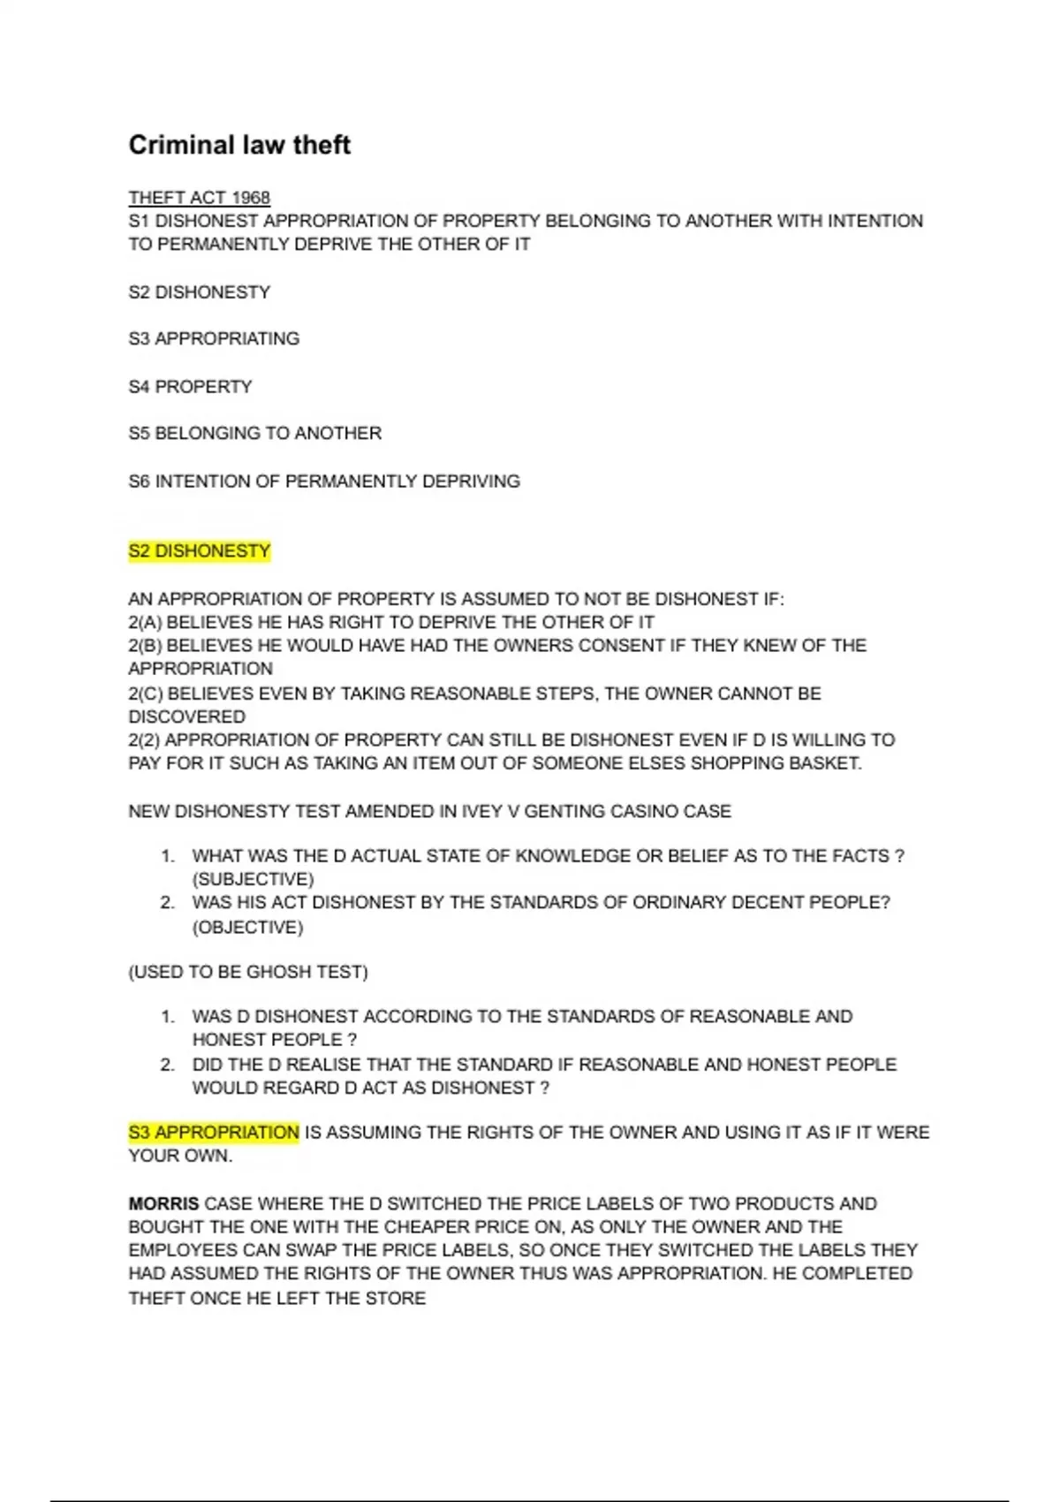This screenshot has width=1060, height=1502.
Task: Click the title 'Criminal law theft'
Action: (x=239, y=145)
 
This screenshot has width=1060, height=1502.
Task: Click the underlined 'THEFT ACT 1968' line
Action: (x=199, y=197)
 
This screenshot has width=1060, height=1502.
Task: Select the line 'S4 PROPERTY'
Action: (x=190, y=386)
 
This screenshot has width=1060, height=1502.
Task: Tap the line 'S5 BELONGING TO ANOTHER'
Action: (x=254, y=433)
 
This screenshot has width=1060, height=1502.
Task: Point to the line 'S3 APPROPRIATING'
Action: (x=214, y=338)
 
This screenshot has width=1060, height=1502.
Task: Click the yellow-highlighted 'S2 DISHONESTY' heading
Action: (x=199, y=551)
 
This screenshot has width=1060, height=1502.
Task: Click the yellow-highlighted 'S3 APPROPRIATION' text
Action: (x=214, y=1132)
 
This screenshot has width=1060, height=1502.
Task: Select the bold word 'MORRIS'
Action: (x=163, y=1203)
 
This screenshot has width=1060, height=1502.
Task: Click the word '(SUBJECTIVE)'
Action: (x=253, y=879)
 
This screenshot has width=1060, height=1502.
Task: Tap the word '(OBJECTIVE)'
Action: (x=247, y=927)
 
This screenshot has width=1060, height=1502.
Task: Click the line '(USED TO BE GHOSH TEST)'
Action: (x=247, y=972)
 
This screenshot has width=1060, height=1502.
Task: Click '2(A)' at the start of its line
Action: (x=145, y=622)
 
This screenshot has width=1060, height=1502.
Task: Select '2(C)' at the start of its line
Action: (x=145, y=694)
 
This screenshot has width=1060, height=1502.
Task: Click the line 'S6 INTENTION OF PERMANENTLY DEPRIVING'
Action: (x=323, y=482)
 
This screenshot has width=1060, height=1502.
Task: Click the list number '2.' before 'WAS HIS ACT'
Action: (x=168, y=902)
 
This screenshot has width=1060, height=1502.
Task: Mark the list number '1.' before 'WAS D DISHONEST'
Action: (x=168, y=1016)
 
